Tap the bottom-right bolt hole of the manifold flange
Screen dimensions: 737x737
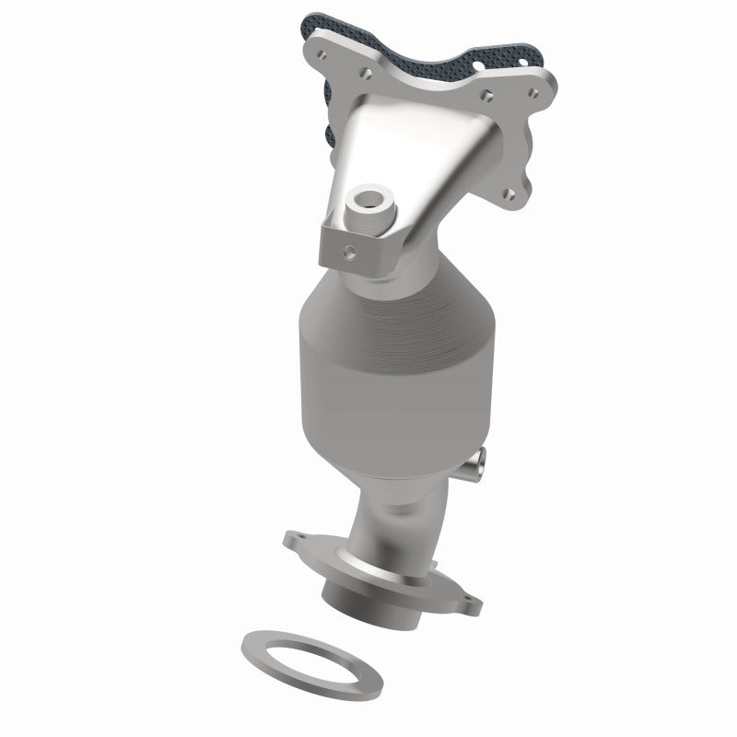pos(509,193)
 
